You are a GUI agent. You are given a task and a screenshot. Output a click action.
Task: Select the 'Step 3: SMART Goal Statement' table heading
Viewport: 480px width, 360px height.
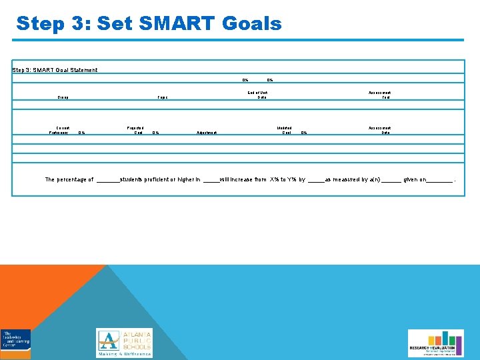55,70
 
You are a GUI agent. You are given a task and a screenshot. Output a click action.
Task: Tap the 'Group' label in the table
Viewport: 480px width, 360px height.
63,97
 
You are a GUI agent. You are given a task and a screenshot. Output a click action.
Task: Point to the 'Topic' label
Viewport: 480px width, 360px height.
162,97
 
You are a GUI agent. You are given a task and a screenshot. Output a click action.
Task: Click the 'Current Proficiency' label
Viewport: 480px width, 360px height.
63,130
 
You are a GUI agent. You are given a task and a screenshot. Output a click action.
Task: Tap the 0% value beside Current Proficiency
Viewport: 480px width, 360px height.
81,133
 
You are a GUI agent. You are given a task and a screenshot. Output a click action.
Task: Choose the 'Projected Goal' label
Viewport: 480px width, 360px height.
135,130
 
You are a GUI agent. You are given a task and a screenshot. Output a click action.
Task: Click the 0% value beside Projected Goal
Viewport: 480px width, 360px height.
155,133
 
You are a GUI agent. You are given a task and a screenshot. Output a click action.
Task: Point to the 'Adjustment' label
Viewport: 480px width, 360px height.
207,133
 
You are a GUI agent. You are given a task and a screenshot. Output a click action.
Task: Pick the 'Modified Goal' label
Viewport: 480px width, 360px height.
287,130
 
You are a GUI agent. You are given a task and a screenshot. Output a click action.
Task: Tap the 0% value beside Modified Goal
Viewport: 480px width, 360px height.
304,133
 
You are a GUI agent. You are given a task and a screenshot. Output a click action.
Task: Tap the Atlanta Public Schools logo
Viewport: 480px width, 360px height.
124,343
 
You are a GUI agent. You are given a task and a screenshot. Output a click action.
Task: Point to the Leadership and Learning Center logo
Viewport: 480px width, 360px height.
15,343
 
